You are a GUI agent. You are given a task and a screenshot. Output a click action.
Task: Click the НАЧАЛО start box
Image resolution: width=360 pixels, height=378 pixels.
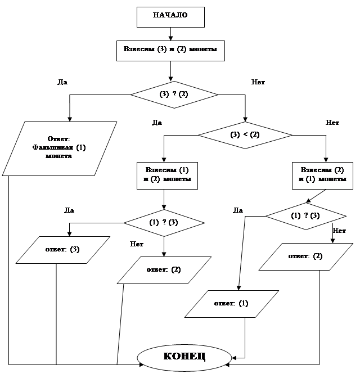coord(170,16)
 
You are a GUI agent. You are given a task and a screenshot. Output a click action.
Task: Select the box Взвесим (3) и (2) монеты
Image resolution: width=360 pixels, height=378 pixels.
coord(170,50)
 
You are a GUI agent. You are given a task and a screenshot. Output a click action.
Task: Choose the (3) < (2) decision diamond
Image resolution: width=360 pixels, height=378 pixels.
coord(245,135)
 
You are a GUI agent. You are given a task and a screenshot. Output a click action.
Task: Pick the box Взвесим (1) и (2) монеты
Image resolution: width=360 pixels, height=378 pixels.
coord(164,175)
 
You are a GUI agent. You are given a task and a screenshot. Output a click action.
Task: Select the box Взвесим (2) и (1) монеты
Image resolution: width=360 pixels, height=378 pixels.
coord(323,175)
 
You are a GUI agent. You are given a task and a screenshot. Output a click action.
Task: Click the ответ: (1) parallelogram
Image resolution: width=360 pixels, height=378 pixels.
coord(231,304)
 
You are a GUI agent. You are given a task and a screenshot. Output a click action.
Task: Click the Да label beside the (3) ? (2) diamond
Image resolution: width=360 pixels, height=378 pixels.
coord(62,82)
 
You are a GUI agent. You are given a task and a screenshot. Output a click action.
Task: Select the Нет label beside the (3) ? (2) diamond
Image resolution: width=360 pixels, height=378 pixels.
coord(258,82)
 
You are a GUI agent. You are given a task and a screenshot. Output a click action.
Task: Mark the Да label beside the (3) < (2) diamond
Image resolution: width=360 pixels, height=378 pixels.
coord(157,122)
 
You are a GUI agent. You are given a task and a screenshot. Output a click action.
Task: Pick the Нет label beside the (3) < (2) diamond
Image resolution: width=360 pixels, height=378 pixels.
coord(332,122)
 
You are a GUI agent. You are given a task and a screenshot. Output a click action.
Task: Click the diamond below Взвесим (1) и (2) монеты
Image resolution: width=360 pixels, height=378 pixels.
coord(164,222)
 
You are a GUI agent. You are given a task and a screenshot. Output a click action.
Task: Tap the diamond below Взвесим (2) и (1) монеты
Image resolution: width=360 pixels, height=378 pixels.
coord(305,215)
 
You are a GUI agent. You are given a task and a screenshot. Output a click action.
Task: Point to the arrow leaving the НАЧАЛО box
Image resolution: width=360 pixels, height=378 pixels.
coord(170,34)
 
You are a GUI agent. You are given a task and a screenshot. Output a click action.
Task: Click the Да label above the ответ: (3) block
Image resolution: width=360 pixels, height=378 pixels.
coord(69,210)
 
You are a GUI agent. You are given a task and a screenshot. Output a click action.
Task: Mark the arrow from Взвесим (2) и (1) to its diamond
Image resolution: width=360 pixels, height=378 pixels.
coord(317,195)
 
